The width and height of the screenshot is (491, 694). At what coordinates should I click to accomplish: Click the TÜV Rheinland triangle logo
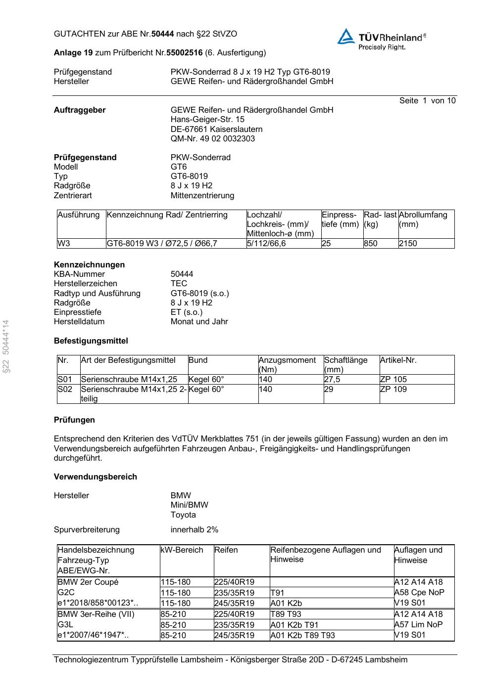(346, 37)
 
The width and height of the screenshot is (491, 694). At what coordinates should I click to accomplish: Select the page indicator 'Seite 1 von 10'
(427, 101)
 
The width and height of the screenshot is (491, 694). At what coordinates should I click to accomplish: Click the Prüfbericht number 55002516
(184, 52)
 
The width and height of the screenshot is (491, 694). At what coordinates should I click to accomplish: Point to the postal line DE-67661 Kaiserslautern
(216, 129)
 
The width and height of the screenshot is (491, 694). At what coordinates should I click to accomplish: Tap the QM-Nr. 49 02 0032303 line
(213, 138)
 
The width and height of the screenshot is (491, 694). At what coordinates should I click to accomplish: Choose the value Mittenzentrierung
(202, 195)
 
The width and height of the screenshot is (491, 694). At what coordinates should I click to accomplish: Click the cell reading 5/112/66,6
(266, 243)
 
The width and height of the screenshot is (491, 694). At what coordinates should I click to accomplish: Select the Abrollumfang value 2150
(408, 243)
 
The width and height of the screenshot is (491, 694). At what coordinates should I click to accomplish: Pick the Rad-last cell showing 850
(370, 243)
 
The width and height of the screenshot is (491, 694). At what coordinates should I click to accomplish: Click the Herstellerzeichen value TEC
(179, 283)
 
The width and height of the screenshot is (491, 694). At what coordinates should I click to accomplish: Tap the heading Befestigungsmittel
(91, 341)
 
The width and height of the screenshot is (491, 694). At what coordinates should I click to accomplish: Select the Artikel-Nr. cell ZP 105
(393, 379)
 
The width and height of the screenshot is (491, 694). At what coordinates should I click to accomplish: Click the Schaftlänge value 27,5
(332, 379)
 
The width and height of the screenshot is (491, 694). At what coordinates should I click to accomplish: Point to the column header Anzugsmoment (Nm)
(287, 364)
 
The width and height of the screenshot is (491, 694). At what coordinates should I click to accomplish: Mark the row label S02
(65, 389)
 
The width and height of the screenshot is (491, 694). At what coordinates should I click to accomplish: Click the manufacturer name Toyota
(183, 515)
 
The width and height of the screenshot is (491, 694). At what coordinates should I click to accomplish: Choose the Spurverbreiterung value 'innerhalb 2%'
(194, 529)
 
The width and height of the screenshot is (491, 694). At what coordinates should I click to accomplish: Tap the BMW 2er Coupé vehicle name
(88, 582)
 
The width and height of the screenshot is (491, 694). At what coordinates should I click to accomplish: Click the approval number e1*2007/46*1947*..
(93, 635)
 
